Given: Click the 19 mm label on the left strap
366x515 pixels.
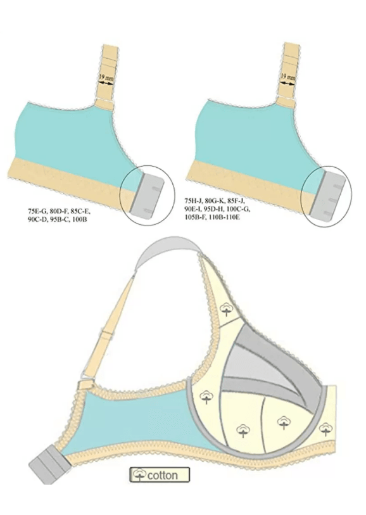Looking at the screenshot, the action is click(x=106, y=77).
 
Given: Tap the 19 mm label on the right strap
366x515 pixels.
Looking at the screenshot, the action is click(x=288, y=77).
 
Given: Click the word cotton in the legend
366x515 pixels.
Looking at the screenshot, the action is click(x=163, y=475).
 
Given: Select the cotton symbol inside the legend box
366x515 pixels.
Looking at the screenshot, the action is click(x=140, y=474).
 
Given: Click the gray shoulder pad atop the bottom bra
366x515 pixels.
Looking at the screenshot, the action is click(x=167, y=250).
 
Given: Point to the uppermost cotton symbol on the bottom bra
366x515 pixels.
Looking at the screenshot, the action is click(x=226, y=308).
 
